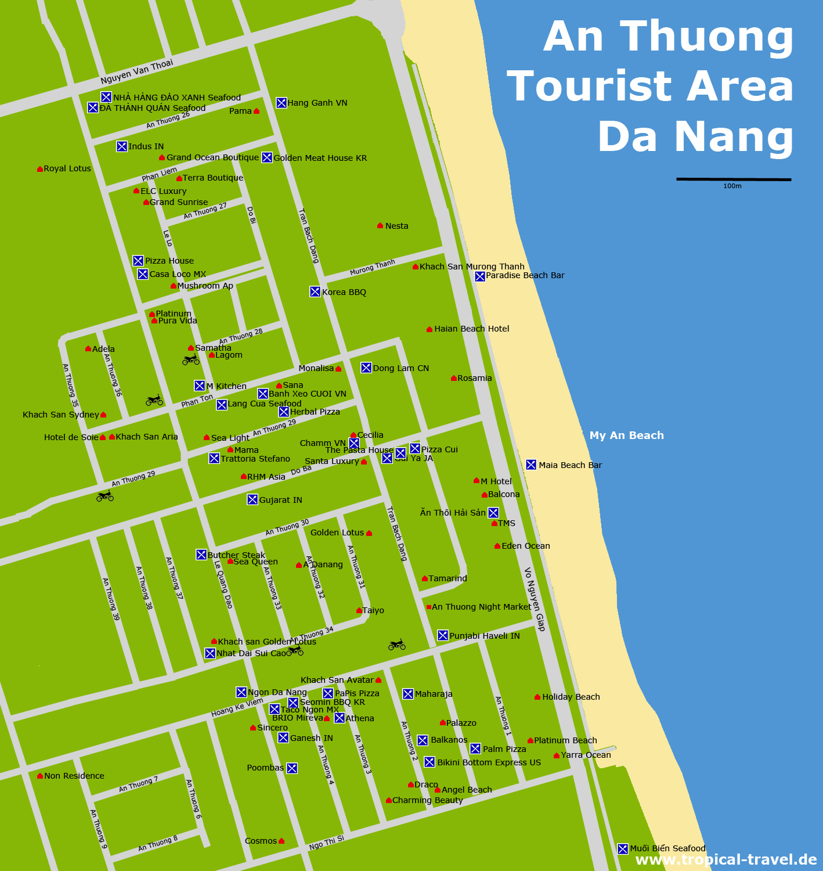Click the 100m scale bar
[733, 179]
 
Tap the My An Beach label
[626, 435]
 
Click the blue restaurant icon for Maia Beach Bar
[531, 465]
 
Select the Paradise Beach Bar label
[525, 275]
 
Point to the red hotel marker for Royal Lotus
[39, 169]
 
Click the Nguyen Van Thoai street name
[136, 71]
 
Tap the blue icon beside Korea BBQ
[315, 291]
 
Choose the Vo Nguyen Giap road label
[535, 599]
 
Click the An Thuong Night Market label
[481, 607]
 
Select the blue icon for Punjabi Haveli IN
[443, 635]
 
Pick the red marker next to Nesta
[380, 225]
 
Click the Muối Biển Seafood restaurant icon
[623, 848]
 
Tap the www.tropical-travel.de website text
[726, 860]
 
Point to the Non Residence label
[74, 776]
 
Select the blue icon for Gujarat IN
[252, 499]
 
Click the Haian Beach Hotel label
[471, 329]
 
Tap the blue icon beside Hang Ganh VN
[281, 103]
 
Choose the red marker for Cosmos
[281, 841]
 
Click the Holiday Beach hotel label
[571, 697]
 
